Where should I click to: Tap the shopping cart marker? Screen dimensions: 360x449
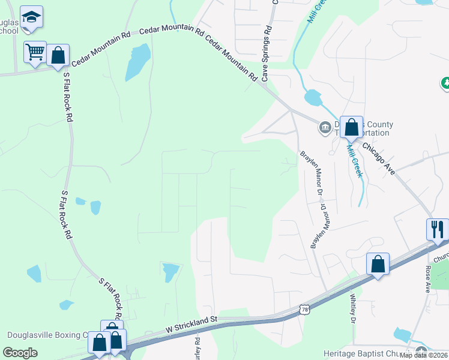click(35, 52)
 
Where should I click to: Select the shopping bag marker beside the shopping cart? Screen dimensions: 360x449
click(58, 56)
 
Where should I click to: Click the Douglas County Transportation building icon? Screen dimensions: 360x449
click(325, 127)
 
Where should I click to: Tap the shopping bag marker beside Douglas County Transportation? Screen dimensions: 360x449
click(352, 127)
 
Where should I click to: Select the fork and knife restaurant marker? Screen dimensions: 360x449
click(438, 229)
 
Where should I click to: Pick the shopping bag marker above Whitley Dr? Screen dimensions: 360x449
click(378, 264)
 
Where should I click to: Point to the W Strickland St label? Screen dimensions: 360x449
click(191, 325)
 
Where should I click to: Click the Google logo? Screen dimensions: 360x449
click(20, 353)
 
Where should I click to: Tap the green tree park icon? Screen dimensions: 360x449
click(445, 82)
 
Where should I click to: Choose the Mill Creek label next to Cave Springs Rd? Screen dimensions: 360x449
click(316, 11)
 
